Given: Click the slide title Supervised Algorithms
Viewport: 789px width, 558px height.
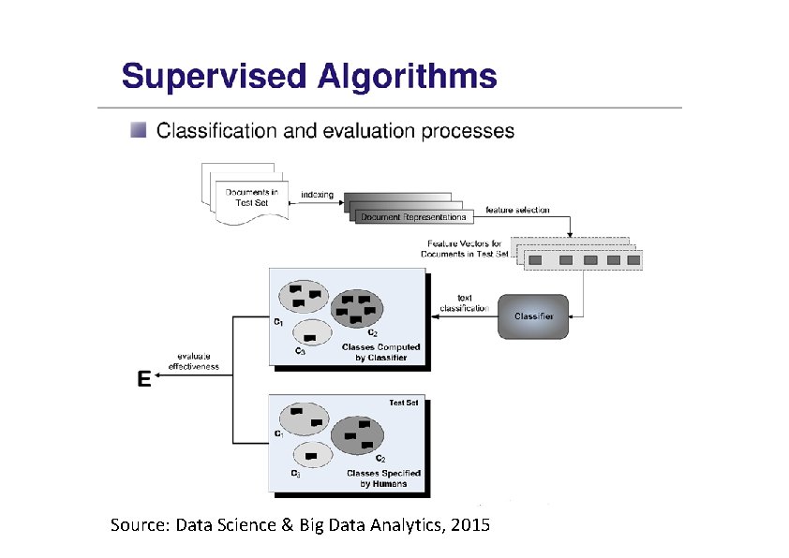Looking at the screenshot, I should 308,76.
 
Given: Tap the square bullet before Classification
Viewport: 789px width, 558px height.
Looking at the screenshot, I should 139,130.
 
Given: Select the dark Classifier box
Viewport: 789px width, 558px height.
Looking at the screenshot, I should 533,316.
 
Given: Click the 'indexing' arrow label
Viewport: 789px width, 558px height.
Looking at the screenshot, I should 317,194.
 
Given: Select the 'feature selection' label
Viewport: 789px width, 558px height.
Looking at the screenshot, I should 517,210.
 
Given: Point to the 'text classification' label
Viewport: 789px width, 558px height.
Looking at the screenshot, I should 464,303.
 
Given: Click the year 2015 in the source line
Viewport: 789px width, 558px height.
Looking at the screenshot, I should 469,525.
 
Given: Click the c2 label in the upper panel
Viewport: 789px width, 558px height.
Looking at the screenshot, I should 372,332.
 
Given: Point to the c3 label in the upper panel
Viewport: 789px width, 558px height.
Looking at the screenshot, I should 299,351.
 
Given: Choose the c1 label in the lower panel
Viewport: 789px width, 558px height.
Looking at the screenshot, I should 278,433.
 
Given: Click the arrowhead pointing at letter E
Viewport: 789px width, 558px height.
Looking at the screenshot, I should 159,375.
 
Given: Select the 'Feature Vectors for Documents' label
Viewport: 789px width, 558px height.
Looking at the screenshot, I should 463,249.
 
